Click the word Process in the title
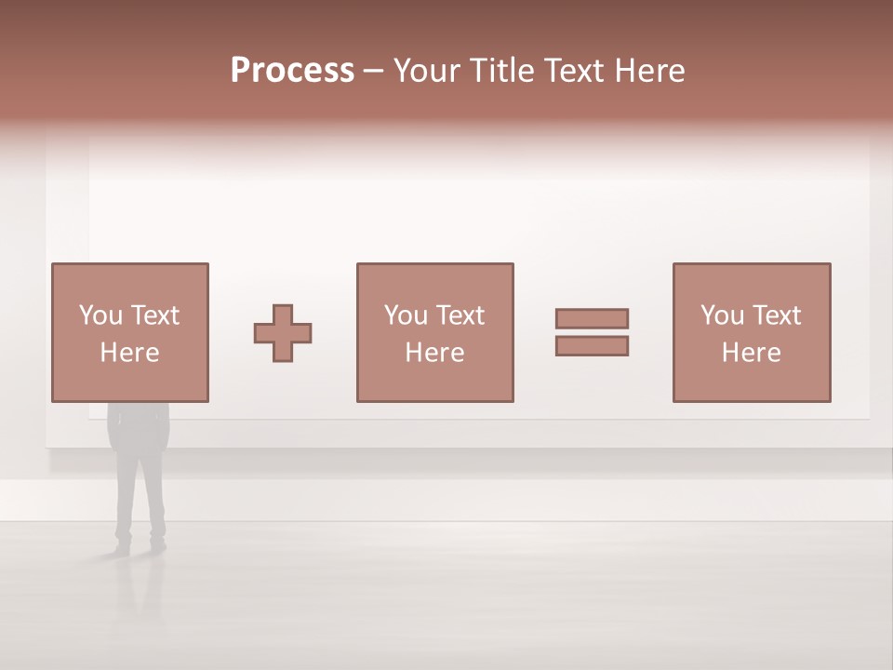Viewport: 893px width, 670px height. click(292, 71)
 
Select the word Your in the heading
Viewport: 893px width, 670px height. click(429, 71)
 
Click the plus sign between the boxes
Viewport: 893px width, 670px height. click(283, 333)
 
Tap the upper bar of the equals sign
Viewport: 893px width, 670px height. click(592, 318)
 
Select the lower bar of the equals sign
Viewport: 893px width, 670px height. click(592, 346)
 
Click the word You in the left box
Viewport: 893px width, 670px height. click(100, 315)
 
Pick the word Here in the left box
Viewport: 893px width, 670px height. click(129, 353)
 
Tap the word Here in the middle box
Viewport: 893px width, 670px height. click(434, 353)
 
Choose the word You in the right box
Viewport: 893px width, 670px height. click(722, 315)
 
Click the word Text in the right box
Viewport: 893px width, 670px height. click(776, 315)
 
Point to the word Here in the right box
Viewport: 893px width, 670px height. click(751, 353)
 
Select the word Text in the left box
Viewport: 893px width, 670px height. click(154, 315)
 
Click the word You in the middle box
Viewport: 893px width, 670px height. click(406, 315)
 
